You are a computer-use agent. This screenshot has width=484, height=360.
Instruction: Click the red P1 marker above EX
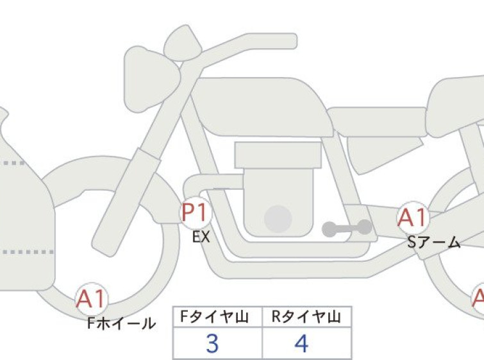(x=196, y=212)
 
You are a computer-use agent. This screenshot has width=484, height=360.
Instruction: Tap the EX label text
(x=201, y=237)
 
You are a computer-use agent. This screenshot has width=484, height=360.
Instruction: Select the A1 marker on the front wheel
(x=92, y=299)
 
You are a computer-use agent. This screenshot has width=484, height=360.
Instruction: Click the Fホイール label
(x=121, y=323)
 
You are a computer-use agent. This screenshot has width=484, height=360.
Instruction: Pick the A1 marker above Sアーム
(x=413, y=218)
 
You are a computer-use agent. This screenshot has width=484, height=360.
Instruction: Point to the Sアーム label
(x=434, y=243)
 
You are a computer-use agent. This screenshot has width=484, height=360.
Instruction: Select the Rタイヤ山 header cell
(x=307, y=316)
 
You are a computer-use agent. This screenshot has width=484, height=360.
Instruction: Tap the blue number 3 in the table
(x=212, y=343)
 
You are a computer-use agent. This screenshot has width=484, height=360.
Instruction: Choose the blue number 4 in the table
(x=301, y=343)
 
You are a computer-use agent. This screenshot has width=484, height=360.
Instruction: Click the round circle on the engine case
(x=278, y=219)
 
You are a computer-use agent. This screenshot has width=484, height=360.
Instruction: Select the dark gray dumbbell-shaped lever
(x=347, y=228)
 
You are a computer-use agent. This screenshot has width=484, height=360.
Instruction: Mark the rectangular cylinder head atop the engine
(x=278, y=155)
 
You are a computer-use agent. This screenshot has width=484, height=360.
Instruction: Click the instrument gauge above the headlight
(x=183, y=43)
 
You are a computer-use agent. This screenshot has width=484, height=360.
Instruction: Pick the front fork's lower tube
(x=126, y=202)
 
